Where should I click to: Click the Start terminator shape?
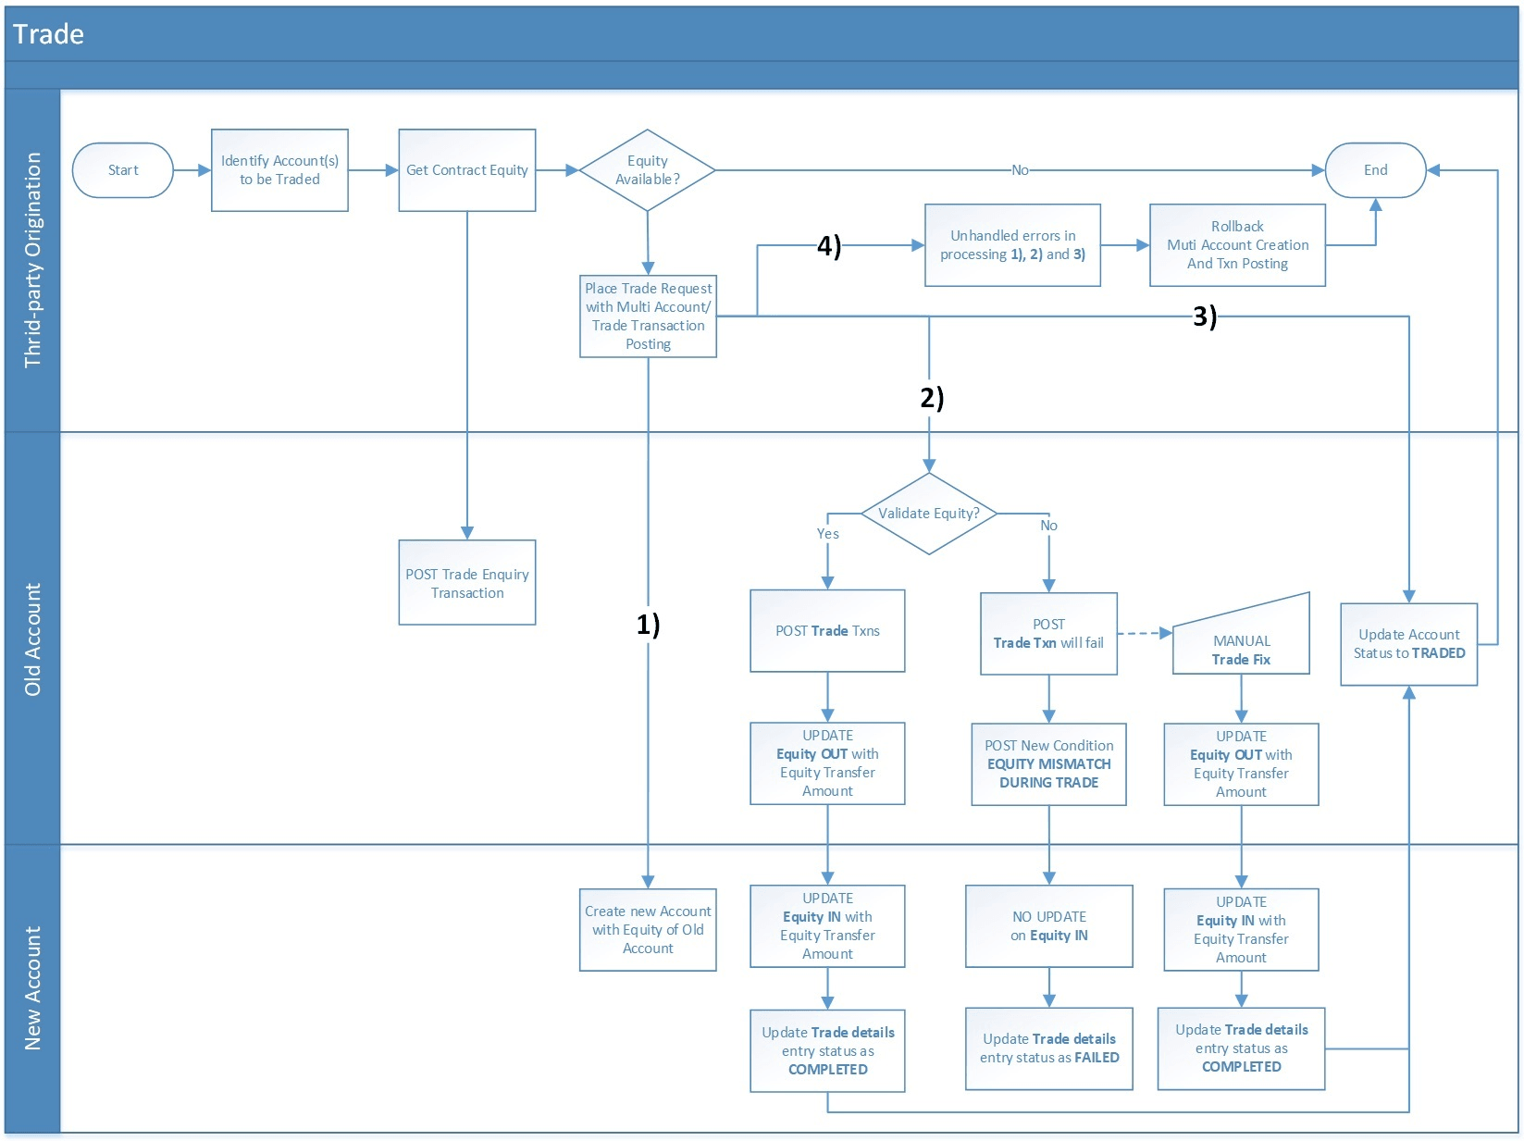(x=122, y=170)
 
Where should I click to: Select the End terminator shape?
(x=1375, y=170)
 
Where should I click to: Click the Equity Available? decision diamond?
(x=647, y=170)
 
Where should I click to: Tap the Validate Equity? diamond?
(x=928, y=514)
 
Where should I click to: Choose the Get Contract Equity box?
(x=466, y=170)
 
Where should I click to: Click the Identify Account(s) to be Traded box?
(x=279, y=170)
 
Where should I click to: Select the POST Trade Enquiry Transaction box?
(x=466, y=583)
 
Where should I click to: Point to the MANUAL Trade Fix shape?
(x=1241, y=643)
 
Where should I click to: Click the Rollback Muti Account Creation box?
(x=1237, y=245)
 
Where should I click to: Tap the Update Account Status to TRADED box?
(x=1408, y=644)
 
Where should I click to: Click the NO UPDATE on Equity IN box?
(x=1048, y=926)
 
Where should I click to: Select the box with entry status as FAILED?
(x=1048, y=1048)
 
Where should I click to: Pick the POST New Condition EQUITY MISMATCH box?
(x=1048, y=764)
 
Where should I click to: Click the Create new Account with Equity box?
(x=648, y=929)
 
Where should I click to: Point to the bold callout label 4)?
(x=828, y=246)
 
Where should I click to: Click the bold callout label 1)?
(x=648, y=625)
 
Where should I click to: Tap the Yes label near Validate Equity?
(x=827, y=534)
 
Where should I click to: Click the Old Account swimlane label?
(x=32, y=639)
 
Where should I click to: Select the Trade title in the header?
(x=48, y=34)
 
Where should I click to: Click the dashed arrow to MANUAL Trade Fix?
(x=1144, y=634)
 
